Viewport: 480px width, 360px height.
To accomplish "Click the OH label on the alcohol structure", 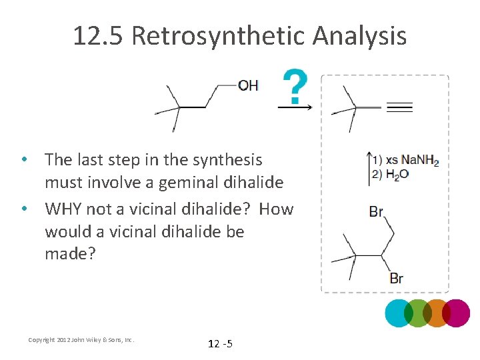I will [x=248, y=85].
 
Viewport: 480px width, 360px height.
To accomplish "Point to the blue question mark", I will [x=295, y=85].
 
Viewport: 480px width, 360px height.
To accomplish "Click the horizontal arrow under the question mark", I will [x=295, y=107].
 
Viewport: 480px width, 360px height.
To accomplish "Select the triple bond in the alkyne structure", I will [x=399, y=107].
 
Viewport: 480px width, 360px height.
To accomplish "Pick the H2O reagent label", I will [x=397, y=175].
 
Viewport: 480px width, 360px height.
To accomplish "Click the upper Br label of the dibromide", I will [x=376, y=211].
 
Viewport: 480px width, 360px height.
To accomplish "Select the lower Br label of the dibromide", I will [x=397, y=278].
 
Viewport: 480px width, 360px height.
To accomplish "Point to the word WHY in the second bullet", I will [x=64, y=209].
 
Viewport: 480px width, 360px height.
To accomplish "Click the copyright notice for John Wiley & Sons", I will [x=81, y=340].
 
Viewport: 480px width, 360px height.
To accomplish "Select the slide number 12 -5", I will [x=220, y=343].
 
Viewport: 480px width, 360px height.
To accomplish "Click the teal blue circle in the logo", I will [x=399, y=313].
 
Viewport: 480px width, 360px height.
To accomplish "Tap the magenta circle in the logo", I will [x=457, y=313].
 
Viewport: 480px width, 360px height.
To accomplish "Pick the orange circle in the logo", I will [x=437, y=313].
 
